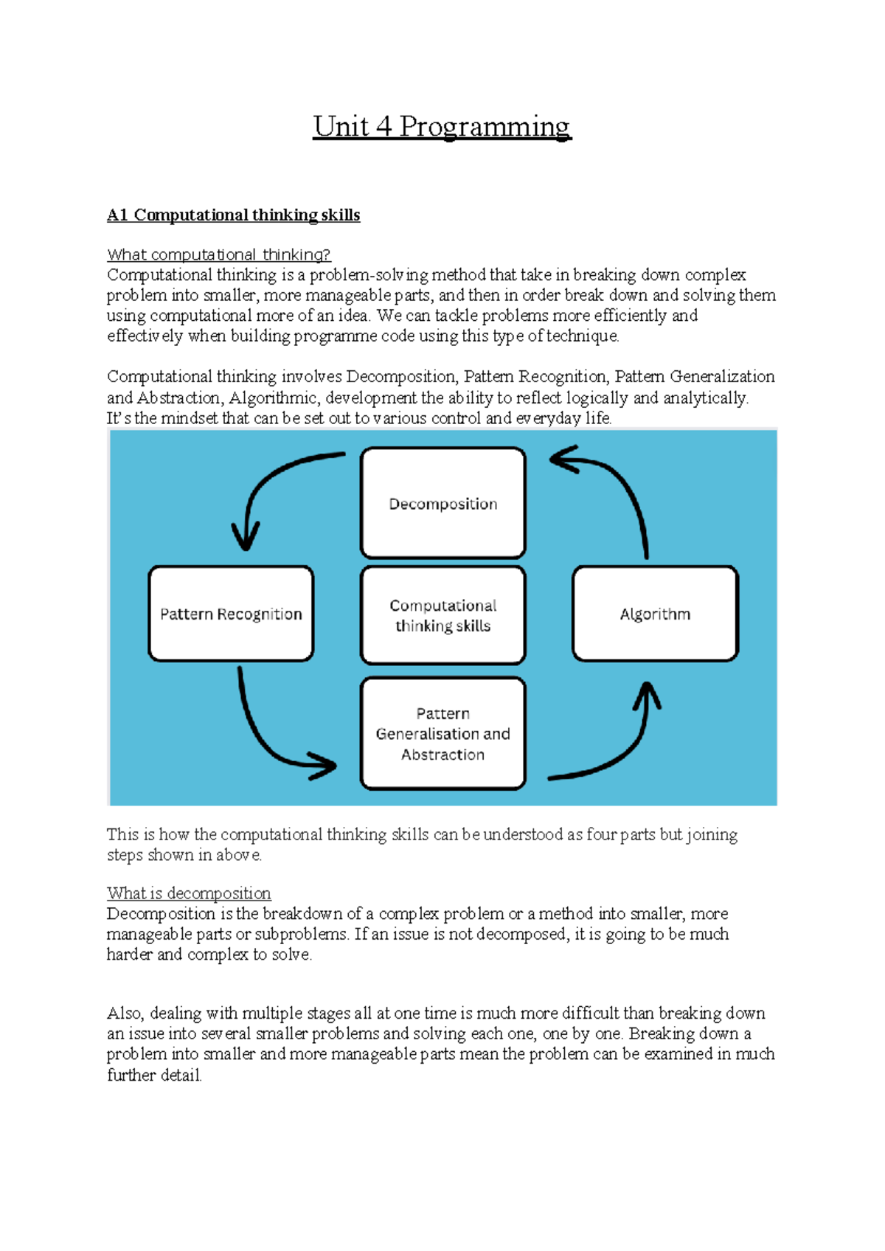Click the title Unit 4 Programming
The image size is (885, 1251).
(x=442, y=126)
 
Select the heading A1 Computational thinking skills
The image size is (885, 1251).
(x=233, y=215)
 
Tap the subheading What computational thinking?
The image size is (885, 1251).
(x=218, y=254)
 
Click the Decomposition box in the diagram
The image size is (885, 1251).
(x=442, y=503)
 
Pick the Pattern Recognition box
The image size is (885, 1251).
(x=231, y=614)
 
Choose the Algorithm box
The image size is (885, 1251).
(x=655, y=614)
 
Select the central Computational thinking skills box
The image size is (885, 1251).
(x=442, y=615)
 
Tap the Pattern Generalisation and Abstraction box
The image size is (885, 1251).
(x=442, y=733)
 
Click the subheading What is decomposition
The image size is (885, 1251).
(x=189, y=893)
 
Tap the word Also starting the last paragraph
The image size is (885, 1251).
(x=125, y=1013)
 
